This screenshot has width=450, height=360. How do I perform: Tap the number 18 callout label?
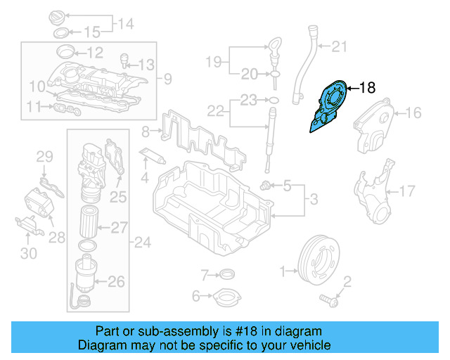tap(367, 88)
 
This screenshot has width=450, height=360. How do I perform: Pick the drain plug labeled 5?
tap(266, 186)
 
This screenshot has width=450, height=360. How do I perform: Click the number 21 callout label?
tap(340, 48)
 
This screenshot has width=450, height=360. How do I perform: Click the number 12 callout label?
tap(94, 52)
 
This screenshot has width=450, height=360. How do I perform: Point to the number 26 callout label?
tap(116, 282)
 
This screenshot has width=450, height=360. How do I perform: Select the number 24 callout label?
tap(143, 243)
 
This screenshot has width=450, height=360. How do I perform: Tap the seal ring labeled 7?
tap(226, 274)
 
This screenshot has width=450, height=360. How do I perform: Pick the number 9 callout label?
tap(167, 77)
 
